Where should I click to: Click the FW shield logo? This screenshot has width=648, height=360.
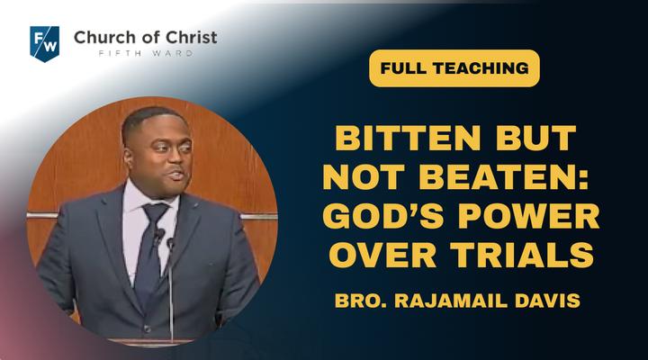45,44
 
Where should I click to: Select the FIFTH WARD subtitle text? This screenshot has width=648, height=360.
146,53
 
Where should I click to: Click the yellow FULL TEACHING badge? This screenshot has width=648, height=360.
454,68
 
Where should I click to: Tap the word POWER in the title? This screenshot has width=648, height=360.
529,216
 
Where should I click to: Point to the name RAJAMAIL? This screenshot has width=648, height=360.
451,301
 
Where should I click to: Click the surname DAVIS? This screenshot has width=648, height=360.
547,301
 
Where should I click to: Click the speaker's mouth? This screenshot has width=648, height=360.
177,175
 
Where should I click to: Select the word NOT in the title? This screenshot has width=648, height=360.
364,176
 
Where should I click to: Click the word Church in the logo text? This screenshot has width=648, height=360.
103,38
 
